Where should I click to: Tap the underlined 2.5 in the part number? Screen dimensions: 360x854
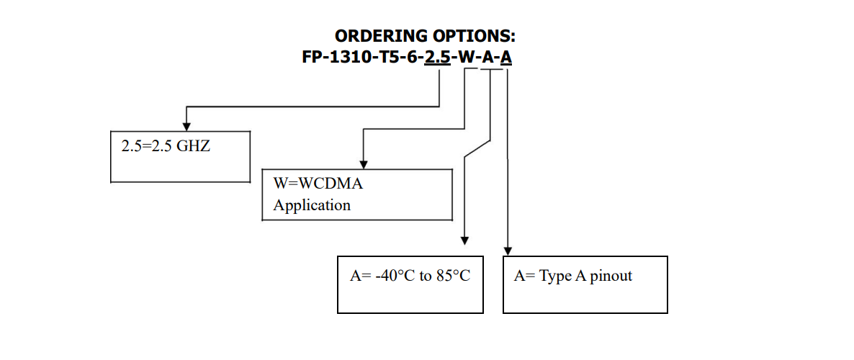437,57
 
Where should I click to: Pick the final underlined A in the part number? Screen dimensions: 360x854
506,57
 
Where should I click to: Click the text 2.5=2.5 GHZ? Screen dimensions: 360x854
166,146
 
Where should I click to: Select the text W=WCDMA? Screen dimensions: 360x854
318,184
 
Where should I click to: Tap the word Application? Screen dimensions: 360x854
312,205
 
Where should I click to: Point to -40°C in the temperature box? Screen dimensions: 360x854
395,276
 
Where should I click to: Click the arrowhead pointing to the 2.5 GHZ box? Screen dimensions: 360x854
186,126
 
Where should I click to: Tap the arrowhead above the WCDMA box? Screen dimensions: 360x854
364,163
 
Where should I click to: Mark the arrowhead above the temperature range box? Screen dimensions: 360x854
465,240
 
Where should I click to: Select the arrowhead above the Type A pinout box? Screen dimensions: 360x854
508,251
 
